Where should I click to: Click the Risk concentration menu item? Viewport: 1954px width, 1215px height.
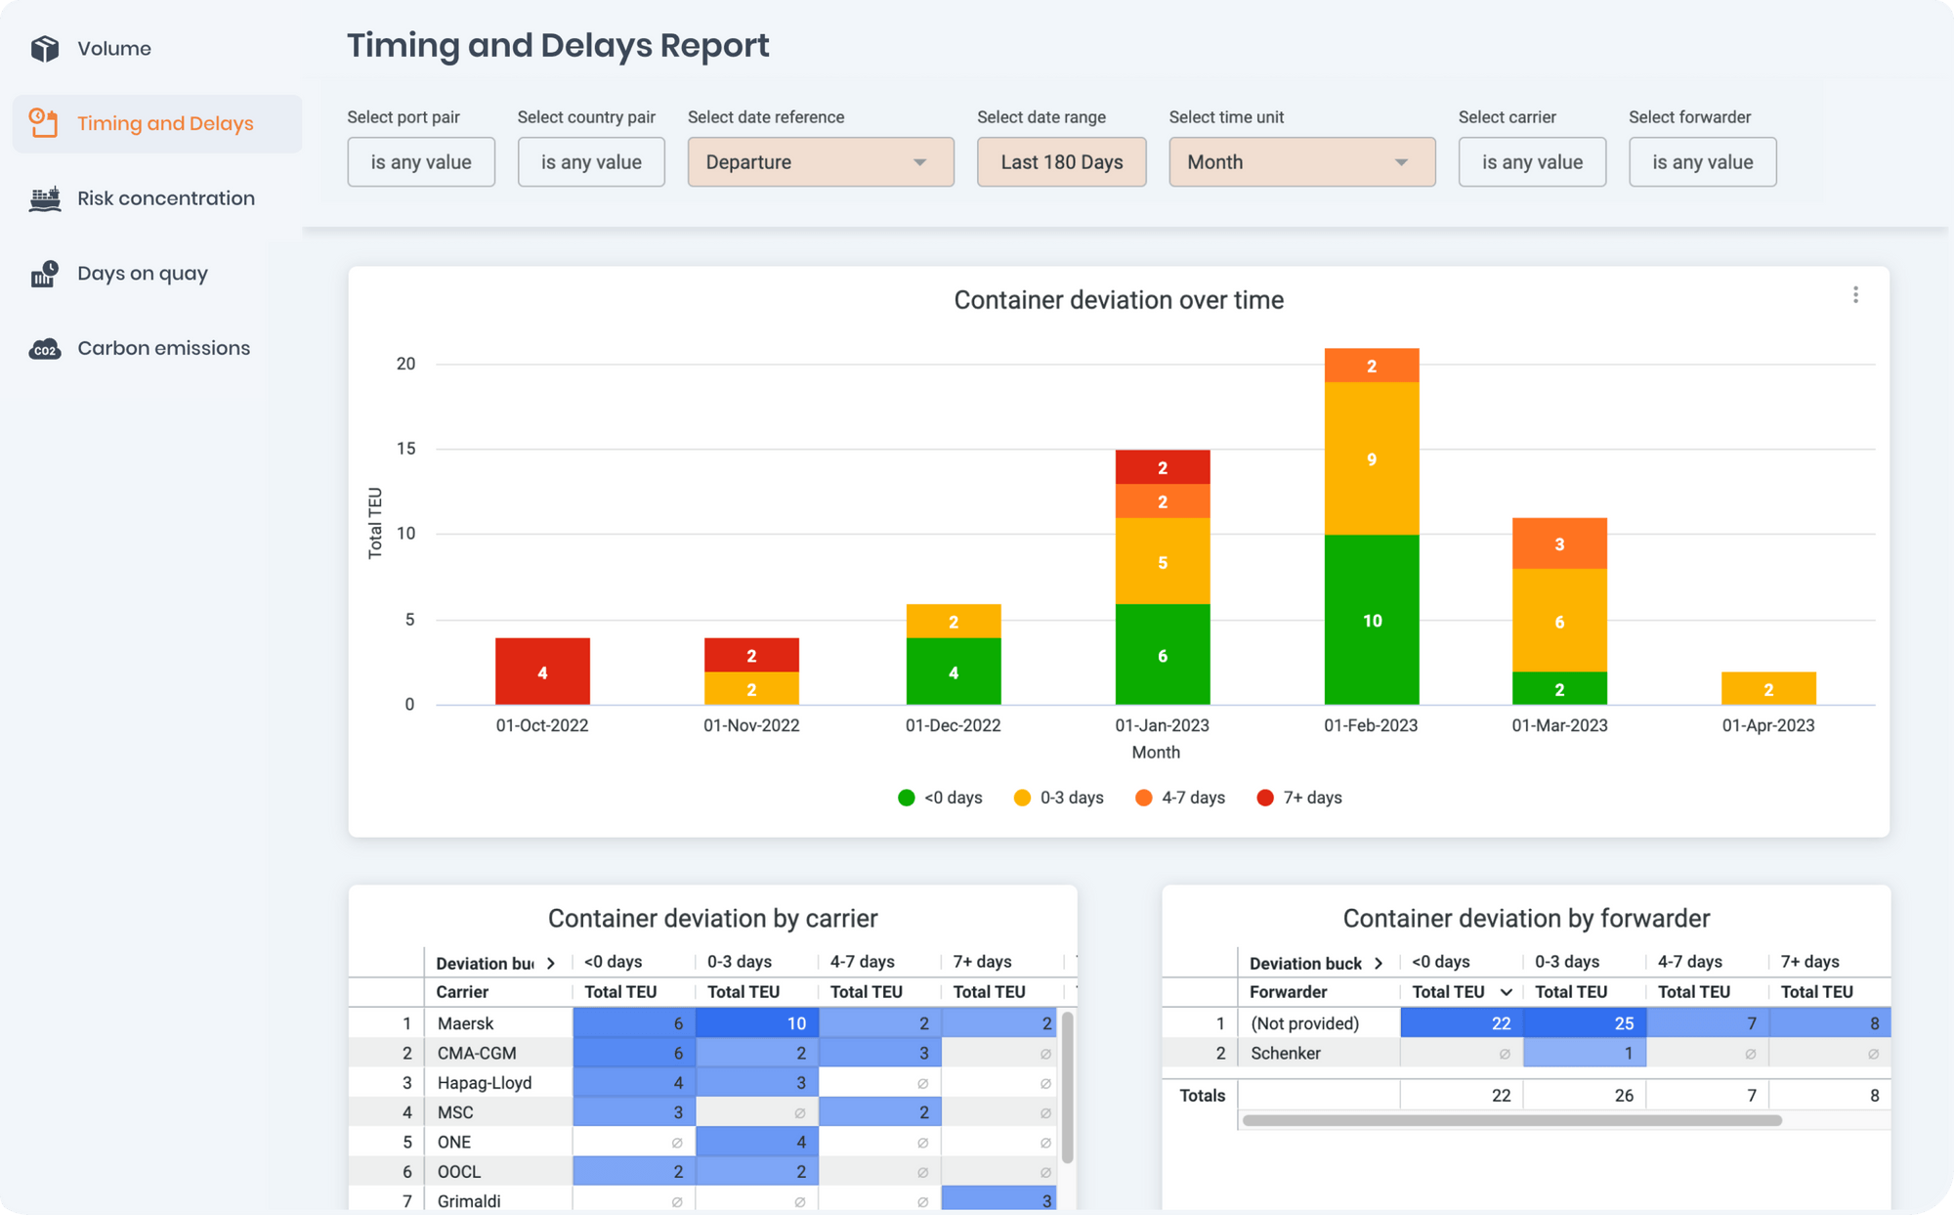tap(165, 198)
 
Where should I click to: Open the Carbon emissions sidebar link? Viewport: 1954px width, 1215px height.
tap(163, 348)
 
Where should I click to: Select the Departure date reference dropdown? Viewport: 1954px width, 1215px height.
tap(820, 162)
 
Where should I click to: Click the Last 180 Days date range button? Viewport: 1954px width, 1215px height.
tap(1061, 162)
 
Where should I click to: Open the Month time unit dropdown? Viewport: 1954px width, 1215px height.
tap(1301, 162)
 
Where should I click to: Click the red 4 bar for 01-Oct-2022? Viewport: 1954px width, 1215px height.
tap(542, 672)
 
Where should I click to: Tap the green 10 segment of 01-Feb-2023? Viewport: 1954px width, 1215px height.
tap(1372, 620)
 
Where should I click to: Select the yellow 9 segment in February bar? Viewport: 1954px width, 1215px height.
tap(1372, 458)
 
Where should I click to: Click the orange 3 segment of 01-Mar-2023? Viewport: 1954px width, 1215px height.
tap(1559, 543)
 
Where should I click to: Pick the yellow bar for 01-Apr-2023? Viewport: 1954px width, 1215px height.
tap(1768, 688)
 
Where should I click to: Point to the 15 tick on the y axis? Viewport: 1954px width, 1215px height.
tap(405, 449)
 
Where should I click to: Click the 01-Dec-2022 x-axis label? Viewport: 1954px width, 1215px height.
tap(953, 725)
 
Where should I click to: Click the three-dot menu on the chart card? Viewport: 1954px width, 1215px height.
tap(1855, 295)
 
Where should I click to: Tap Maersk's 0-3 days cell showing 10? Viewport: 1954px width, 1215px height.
tap(756, 1023)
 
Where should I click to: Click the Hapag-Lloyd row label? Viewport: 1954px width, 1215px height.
tap(485, 1083)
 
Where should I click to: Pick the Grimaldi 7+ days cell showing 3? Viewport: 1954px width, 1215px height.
tap(998, 1200)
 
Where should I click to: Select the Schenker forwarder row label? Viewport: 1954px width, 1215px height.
tap(1285, 1054)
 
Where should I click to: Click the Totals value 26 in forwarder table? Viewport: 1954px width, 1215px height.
tap(1623, 1096)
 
